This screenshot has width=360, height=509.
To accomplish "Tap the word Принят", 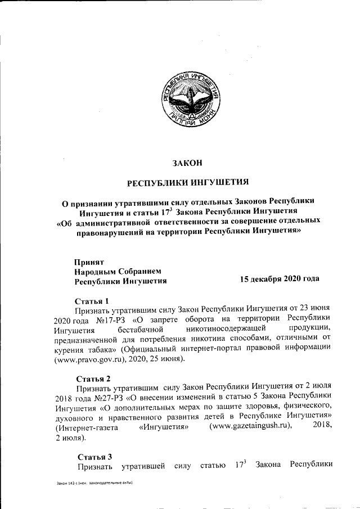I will pyautogui.click(x=90, y=261).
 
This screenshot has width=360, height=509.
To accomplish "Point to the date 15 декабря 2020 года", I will pyautogui.click(x=280, y=279).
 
